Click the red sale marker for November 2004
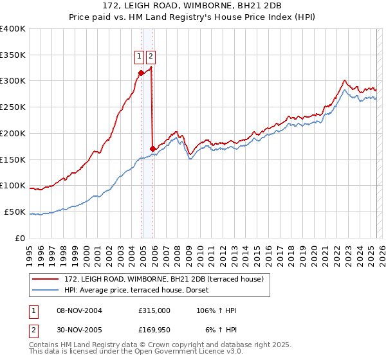pyautogui.click(x=141, y=73)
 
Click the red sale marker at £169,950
pyautogui.click(x=152, y=148)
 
